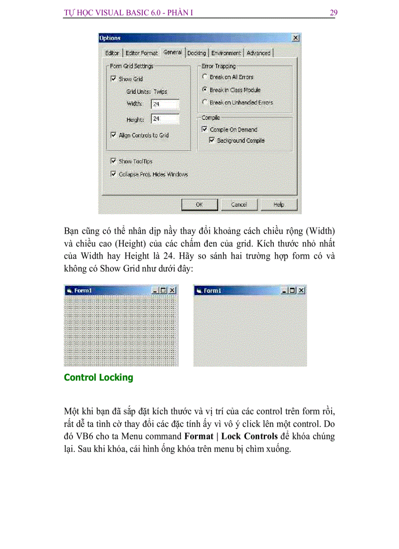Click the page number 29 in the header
pos(333,13)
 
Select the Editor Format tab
pos(142,53)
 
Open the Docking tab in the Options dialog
pos(197,53)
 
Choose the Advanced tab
pos(258,53)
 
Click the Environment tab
pos(226,53)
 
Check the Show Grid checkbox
pos(113,79)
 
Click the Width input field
pos(165,104)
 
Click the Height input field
pos(165,119)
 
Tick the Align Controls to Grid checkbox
pos(113,135)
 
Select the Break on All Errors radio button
pos(205,77)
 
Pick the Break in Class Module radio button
pos(205,90)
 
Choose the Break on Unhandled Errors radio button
pos(205,103)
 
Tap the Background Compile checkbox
pos(212,140)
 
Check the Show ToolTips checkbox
pos(113,161)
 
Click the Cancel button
pos(239,205)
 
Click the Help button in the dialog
pos(278,205)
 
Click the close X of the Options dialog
pos(295,38)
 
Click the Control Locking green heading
pos(98,377)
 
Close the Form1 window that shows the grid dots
pos(173,290)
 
